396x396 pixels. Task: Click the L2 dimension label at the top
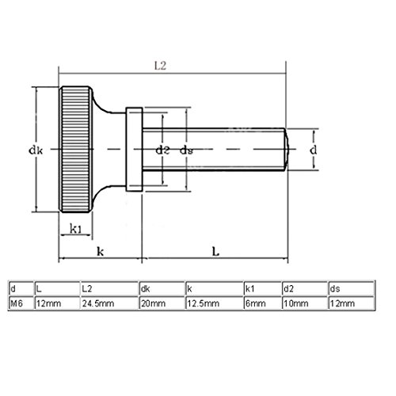[x=160, y=66]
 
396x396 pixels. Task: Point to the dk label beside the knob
[x=36, y=150]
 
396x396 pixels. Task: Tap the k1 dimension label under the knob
[x=76, y=229]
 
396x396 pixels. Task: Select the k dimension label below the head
[x=101, y=252]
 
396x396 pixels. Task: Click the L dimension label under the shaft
[x=215, y=252]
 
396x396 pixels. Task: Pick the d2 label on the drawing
[x=162, y=150]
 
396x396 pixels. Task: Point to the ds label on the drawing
[x=186, y=150]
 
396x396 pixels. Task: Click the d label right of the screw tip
[x=313, y=150]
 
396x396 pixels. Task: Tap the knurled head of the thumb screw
[x=76, y=150]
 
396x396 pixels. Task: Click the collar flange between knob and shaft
[x=134, y=149]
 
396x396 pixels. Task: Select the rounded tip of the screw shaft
[x=287, y=150]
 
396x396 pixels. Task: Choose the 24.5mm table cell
[x=109, y=303]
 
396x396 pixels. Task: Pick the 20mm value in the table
[x=162, y=303]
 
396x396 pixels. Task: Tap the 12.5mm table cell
[x=215, y=303]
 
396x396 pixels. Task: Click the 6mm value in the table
[x=263, y=303]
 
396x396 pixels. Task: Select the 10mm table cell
[x=305, y=303]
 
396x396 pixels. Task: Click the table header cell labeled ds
[x=352, y=288]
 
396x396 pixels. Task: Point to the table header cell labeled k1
[x=263, y=288]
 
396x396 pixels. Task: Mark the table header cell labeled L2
[x=109, y=288]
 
